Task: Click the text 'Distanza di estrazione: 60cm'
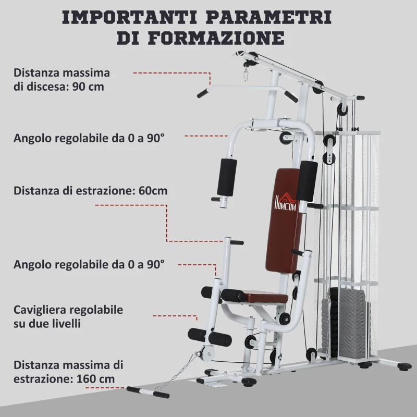pos(91,191)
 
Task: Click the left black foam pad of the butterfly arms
pos(227,176)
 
